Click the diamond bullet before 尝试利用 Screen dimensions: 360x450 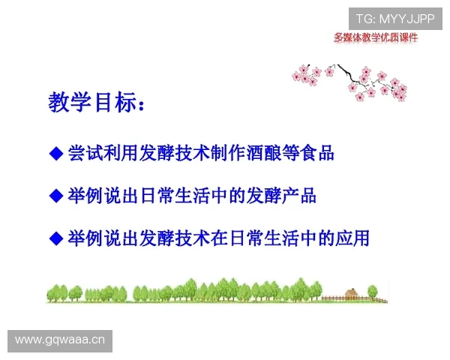[x=55, y=154]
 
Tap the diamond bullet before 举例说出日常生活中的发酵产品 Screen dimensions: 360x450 [x=55, y=196]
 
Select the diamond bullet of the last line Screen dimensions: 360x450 [x=55, y=238]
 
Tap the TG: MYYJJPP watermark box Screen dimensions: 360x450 [x=395, y=18]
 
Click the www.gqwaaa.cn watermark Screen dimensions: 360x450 [x=60, y=340]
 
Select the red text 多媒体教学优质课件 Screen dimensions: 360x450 [x=375, y=37]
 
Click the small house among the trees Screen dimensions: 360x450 [x=350, y=293]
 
